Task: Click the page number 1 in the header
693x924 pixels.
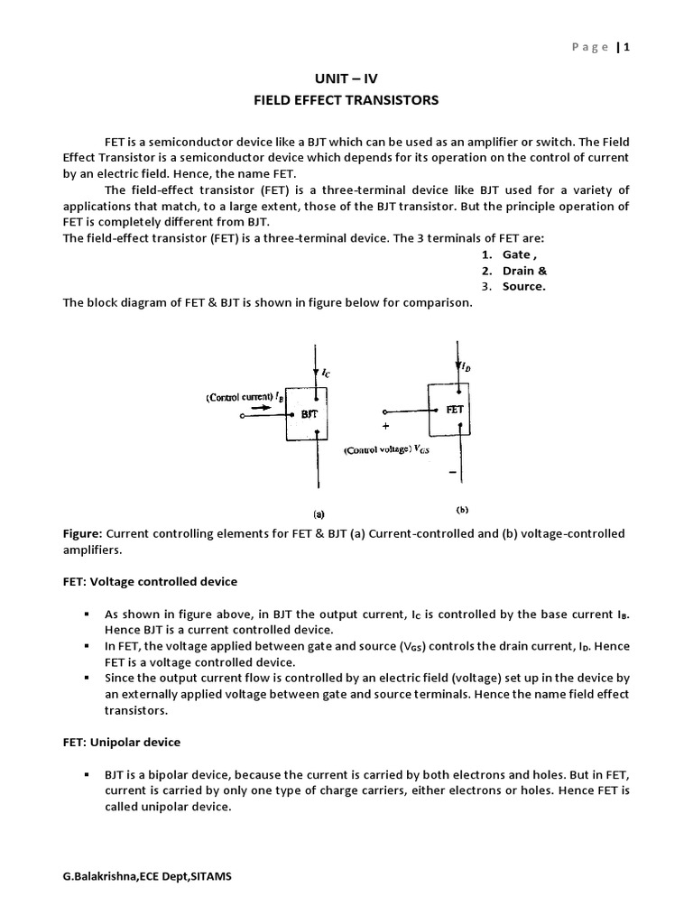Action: point(625,48)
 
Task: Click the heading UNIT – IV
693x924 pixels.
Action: point(346,79)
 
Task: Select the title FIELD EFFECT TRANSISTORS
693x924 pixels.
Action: point(346,100)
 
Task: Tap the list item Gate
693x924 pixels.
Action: point(516,254)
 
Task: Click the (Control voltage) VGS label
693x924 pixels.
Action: point(390,448)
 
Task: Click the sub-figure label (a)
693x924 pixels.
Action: point(319,513)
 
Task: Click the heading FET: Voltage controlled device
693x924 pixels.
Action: point(150,581)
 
